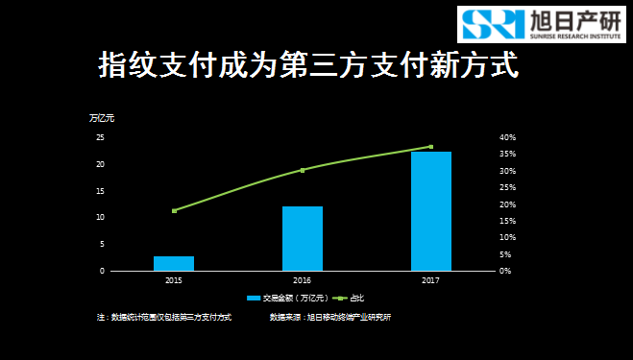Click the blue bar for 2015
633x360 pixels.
click(174, 263)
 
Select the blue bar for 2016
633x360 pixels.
click(302, 238)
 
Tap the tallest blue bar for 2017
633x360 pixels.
click(430, 211)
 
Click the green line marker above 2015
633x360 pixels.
click(174, 210)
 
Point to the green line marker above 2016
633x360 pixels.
click(303, 170)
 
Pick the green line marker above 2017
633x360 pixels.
click(430, 147)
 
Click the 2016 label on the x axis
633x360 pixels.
click(302, 280)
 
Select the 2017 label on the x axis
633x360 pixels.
click(430, 280)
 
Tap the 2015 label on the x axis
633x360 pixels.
click(174, 280)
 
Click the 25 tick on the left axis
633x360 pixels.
click(100, 137)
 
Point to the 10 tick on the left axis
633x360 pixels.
click(100, 217)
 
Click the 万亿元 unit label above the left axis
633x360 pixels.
click(101, 118)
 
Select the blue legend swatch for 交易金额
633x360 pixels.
click(254, 299)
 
